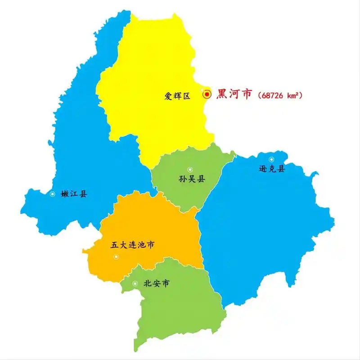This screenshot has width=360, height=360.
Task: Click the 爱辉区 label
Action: (x=177, y=95)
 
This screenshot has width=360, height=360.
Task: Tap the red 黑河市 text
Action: (x=234, y=94)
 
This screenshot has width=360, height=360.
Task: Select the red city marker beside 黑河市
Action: (x=207, y=94)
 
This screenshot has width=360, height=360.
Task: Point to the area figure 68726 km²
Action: (x=279, y=95)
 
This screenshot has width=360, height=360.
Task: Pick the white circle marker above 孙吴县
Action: (x=190, y=169)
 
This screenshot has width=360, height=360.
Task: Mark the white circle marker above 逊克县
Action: (x=271, y=159)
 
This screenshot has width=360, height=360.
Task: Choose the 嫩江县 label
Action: (x=74, y=194)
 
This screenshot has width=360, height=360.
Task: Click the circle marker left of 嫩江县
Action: (x=53, y=194)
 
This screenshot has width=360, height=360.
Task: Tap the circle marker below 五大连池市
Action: (x=116, y=256)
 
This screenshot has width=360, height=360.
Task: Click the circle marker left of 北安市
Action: (x=135, y=283)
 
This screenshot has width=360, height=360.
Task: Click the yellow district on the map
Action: (x=153, y=67)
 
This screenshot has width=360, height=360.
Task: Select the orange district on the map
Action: (x=153, y=225)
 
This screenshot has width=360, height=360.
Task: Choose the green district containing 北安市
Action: (x=180, y=310)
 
